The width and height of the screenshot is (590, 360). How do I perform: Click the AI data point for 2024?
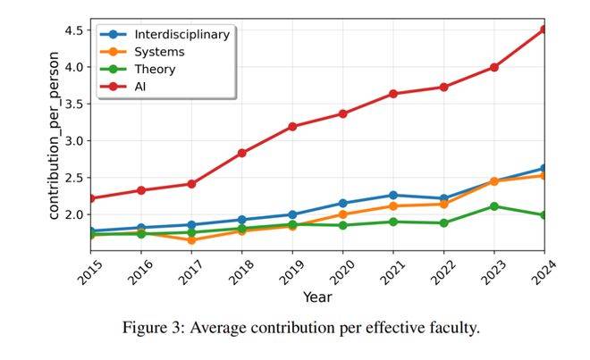[543, 29]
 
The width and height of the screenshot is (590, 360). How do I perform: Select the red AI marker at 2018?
[241, 153]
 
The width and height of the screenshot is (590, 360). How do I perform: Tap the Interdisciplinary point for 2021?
[392, 195]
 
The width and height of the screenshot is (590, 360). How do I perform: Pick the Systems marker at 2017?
[190, 240]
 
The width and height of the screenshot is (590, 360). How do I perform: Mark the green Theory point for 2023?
[493, 206]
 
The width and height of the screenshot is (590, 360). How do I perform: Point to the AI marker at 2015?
[90, 198]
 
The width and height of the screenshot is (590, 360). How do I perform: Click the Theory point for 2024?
[543, 215]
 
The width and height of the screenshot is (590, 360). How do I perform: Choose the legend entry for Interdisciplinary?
[181, 35]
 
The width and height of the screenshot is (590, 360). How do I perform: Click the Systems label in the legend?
[159, 52]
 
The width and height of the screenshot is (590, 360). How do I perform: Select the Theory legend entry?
[155, 69]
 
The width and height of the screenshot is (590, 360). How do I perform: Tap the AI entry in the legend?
[141, 86]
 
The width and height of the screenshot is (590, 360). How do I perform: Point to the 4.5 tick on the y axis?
[73, 30]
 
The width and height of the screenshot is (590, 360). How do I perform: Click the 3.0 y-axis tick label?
[73, 141]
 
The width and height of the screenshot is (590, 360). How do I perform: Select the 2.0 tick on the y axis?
[73, 215]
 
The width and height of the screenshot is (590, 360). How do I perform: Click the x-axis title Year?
[316, 297]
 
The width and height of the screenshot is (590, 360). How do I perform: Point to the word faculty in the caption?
[451, 328]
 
